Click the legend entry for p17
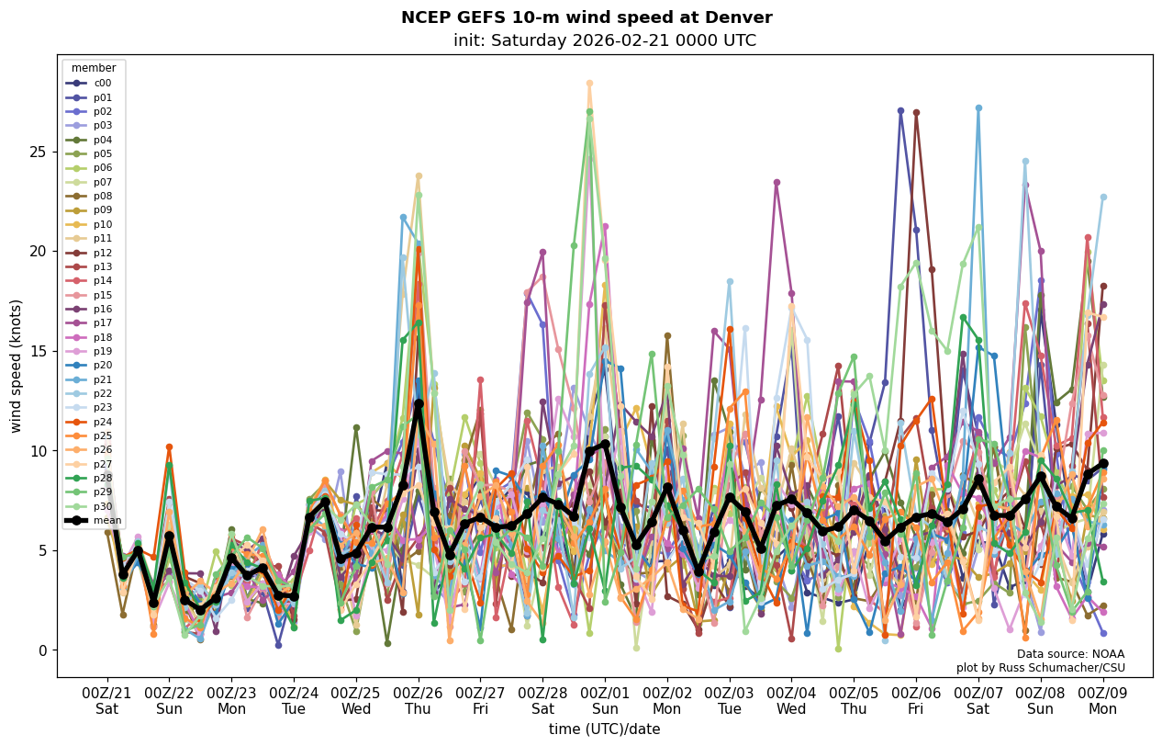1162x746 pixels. tap(102, 323)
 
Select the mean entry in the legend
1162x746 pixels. tap(106, 521)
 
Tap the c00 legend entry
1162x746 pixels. tap(102, 84)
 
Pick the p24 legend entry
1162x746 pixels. tap(102, 422)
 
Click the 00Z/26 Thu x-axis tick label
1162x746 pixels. tap(419, 700)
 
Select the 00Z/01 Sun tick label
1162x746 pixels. tap(605, 700)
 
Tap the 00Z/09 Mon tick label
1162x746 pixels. tap(1103, 700)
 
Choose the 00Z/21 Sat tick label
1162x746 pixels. tap(107, 700)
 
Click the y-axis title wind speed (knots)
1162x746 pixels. tap(16, 366)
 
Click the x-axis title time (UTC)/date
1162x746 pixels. tap(604, 729)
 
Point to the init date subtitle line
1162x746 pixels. tap(604, 40)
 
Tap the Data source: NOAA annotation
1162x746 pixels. tap(1070, 654)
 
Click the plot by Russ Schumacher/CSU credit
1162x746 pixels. tap(1040, 668)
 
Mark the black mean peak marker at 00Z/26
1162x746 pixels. tap(419, 404)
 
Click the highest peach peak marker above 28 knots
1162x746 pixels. tap(589, 84)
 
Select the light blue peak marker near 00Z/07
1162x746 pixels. tap(978, 108)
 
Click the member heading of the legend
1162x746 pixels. tap(94, 68)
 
